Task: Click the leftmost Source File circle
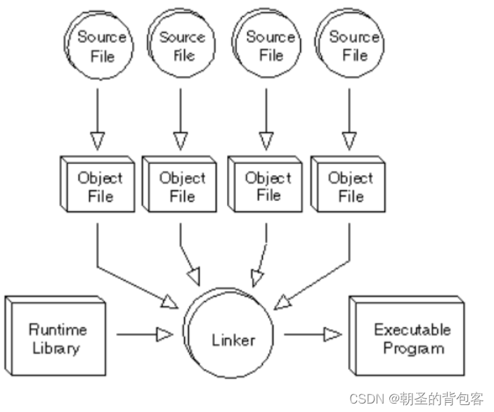[100, 45]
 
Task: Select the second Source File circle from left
[182, 45]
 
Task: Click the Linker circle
[233, 340]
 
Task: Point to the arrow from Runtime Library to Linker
[144, 335]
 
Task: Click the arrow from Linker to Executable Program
[313, 335]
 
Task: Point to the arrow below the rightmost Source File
[348, 120]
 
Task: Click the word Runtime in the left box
[58, 329]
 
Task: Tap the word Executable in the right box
[412, 329]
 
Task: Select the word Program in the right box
[412, 348]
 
